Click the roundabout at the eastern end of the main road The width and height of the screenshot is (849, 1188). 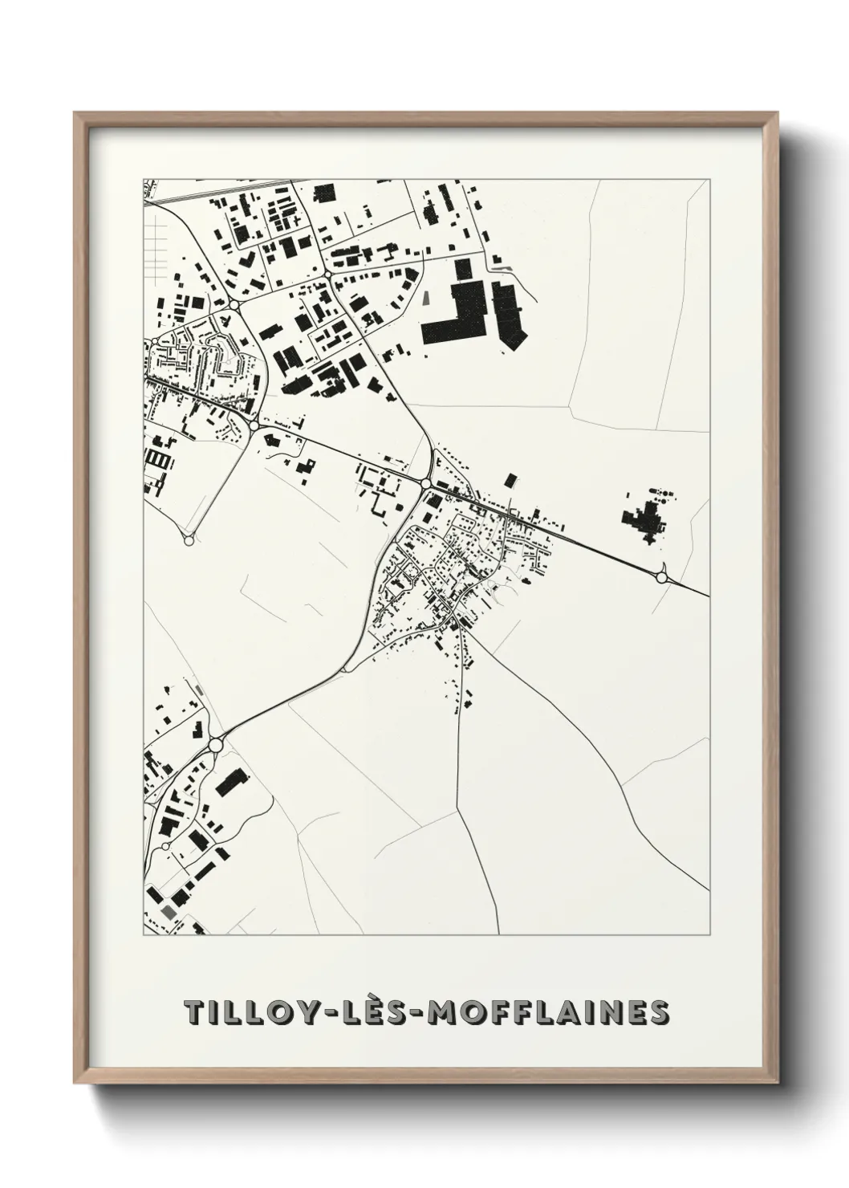(662, 576)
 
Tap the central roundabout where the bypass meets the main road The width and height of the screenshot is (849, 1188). (424, 482)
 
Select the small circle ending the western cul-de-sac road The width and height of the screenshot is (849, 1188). (189, 541)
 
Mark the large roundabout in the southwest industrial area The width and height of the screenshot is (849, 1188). (214, 746)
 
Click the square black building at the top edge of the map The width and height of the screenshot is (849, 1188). (324, 193)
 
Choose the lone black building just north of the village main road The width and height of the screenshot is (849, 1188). (510, 481)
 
